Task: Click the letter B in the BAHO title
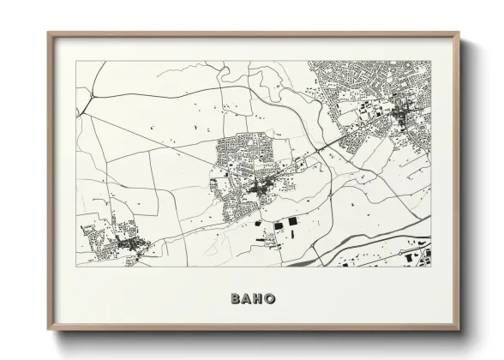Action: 235,298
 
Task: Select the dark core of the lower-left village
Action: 129,246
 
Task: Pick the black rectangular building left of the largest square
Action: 279,225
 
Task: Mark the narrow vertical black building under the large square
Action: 291,235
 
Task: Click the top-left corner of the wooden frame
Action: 49,34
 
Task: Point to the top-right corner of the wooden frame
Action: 459,34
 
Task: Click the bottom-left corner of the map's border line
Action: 76,266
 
